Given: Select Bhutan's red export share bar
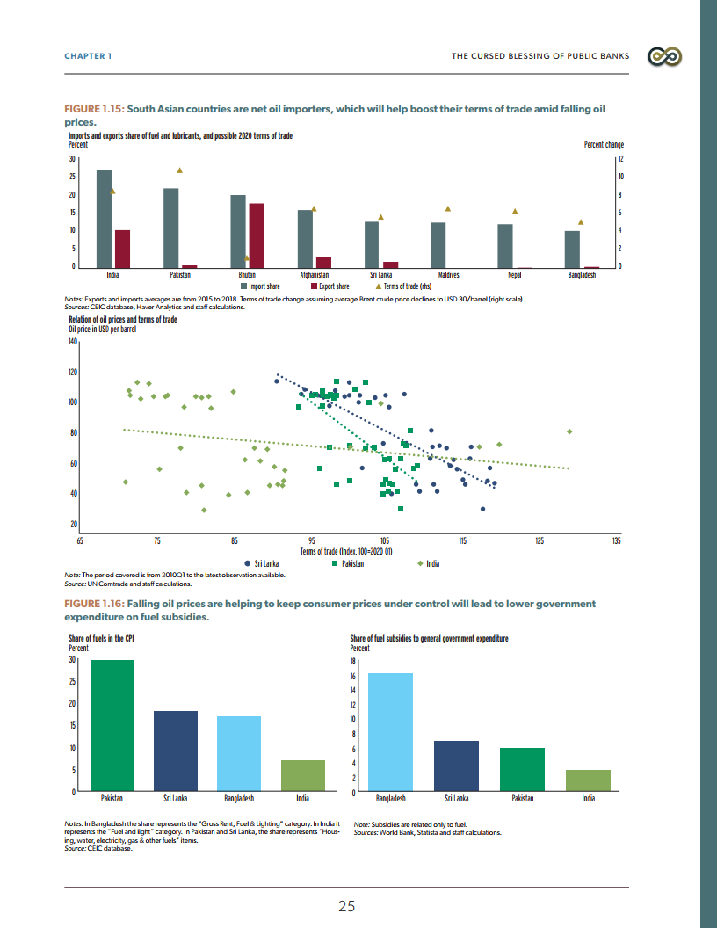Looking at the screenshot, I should pyautogui.click(x=257, y=235).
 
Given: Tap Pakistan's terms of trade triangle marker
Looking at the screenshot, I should pyautogui.click(x=179, y=170).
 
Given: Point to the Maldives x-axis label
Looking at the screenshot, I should pyautogui.click(x=448, y=275).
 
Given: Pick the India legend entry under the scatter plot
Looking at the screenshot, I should pyautogui.click(x=429, y=563).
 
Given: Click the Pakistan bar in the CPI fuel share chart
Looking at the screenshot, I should pyautogui.click(x=112, y=725).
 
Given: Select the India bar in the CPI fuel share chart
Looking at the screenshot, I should pyautogui.click(x=302, y=776).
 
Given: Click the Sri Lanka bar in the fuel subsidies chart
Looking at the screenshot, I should pyautogui.click(x=456, y=765).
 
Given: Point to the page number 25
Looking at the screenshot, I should pyautogui.click(x=346, y=906).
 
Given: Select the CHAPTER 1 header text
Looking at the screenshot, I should pyautogui.click(x=88, y=56).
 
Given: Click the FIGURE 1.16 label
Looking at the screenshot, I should pyautogui.click(x=94, y=604).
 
